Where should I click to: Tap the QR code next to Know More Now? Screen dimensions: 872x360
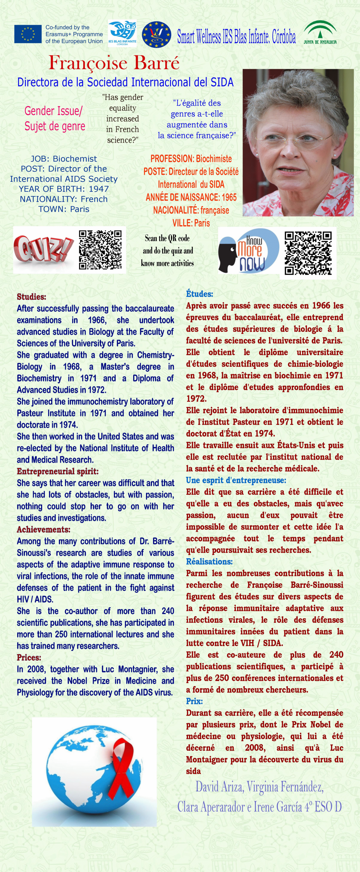click(x=308, y=253)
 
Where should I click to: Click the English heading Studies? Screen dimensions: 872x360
click(x=32, y=297)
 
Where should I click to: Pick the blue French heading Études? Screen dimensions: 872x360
click(x=200, y=294)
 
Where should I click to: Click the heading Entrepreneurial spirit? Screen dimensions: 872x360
click(x=58, y=471)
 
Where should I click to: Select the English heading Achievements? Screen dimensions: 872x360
click(x=44, y=529)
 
